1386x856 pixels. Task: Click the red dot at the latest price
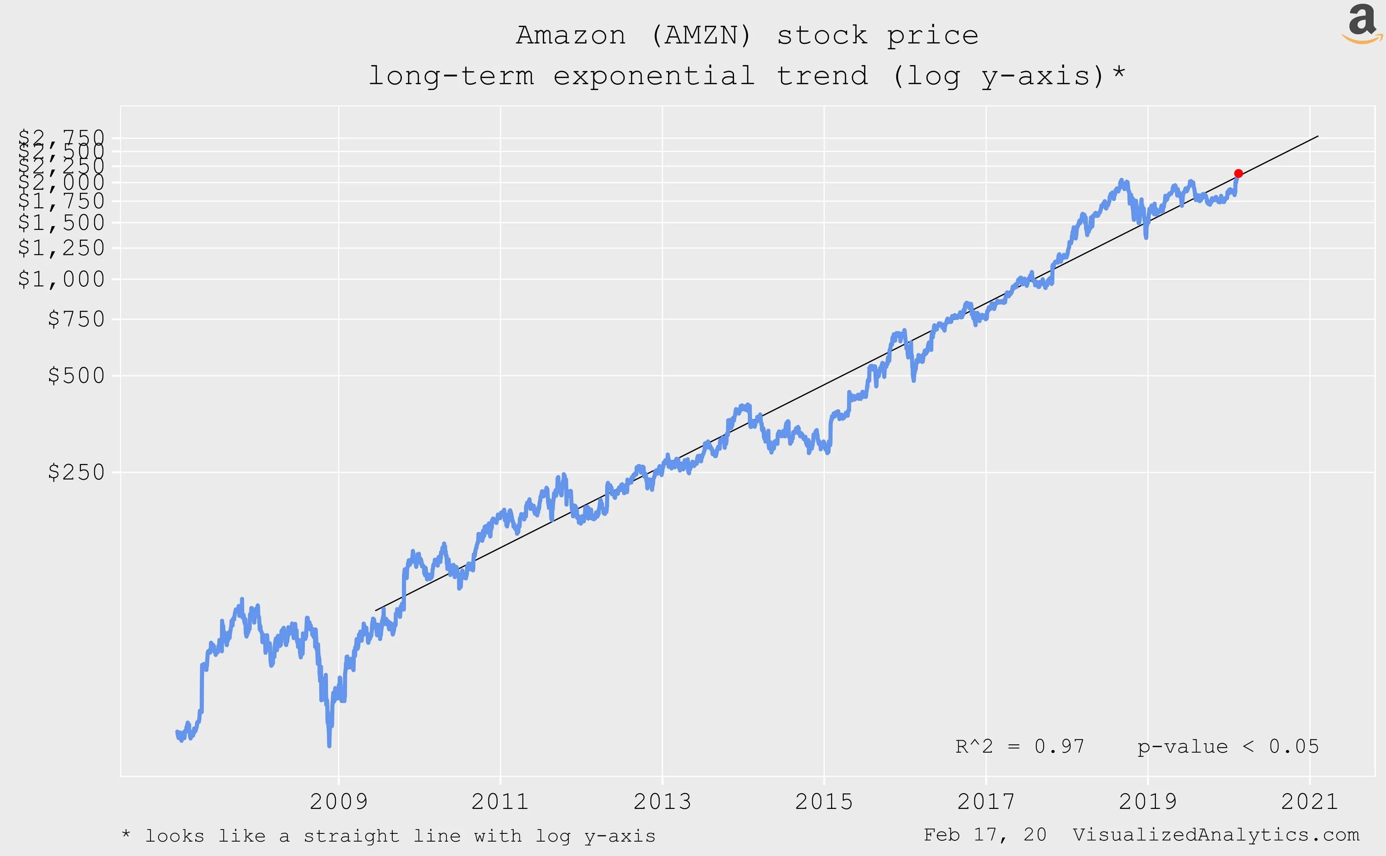tap(1238, 173)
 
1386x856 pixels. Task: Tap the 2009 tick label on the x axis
tap(338, 802)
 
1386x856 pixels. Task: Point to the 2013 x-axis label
tap(662, 802)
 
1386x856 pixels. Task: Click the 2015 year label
tap(824, 802)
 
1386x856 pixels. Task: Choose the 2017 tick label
tap(986, 802)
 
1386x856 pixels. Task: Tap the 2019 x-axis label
tap(1148, 802)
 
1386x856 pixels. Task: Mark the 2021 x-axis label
tap(1309, 802)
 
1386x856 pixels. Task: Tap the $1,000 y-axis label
tap(62, 279)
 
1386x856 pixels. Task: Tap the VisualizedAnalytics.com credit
tap(1216, 835)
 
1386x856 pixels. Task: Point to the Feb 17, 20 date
tap(985, 835)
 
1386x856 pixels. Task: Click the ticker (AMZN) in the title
tap(701, 36)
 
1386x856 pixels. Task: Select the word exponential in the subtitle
tap(654, 76)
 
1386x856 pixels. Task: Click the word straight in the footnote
tap(351, 836)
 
